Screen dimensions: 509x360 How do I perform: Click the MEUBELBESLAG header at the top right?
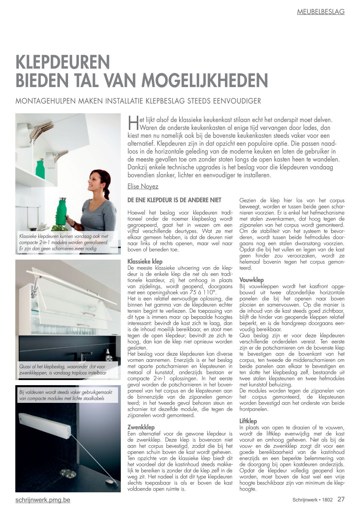click(321, 12)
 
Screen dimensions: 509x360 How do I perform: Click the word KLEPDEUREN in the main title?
click(63, 62)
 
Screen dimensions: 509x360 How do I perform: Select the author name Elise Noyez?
click(143, 186)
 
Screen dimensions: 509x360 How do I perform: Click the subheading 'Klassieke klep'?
click(145, 262)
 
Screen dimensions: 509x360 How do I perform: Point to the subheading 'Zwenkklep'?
click(141, 427)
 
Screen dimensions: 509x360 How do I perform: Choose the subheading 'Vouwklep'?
click(251, 280)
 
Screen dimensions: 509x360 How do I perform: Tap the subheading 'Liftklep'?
click(248, 421)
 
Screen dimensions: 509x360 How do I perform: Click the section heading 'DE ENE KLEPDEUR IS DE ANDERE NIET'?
click(174, 200)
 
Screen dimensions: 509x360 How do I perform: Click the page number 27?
click(341, 499)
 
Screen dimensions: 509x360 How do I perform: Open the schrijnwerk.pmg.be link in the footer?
click(43, 500)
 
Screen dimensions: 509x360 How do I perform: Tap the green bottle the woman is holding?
click(62, 211)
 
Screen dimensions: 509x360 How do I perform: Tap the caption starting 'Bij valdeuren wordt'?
click(66, 395)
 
